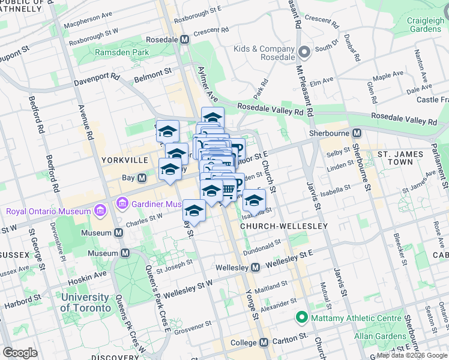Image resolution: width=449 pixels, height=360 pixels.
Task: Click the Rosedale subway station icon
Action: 184,40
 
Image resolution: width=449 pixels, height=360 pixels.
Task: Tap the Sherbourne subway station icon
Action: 357,133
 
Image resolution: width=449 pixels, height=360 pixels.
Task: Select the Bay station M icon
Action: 142,178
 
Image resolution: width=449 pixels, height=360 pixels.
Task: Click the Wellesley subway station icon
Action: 255,266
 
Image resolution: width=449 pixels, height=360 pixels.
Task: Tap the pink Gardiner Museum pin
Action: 124,204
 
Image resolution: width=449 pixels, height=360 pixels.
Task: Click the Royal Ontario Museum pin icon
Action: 100,211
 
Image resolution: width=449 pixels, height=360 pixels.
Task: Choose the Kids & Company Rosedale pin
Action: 304,52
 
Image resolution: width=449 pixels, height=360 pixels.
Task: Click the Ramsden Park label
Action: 122,53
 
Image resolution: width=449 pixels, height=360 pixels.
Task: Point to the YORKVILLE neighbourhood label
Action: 125,161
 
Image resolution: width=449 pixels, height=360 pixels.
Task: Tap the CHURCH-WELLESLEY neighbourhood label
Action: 284,226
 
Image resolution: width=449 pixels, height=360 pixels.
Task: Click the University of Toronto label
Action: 86,302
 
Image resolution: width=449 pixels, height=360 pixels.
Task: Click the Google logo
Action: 20,353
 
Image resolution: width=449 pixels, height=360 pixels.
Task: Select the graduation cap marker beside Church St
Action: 255,201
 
